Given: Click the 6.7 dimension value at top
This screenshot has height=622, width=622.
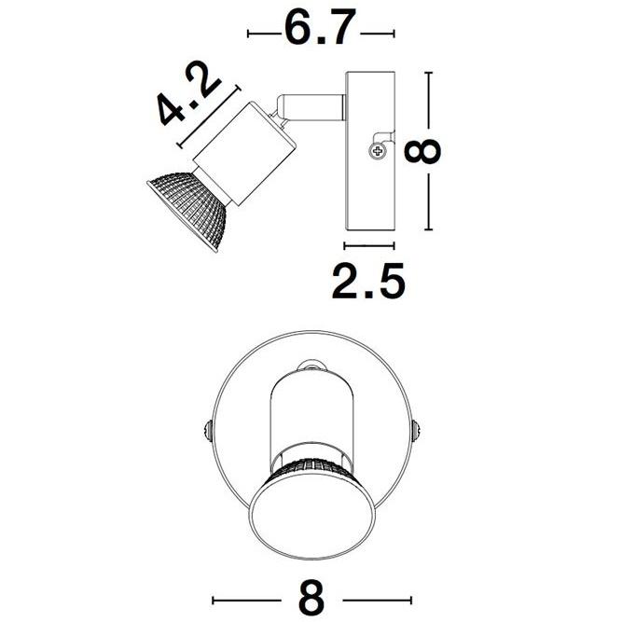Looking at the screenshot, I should [x=320, y=30].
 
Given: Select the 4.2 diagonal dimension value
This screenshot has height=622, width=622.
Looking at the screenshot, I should [x=189, y=97].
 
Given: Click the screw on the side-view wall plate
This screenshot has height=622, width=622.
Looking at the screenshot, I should [x=377, y=149].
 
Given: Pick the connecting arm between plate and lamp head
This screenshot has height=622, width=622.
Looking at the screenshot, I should [x=313, y=104].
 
